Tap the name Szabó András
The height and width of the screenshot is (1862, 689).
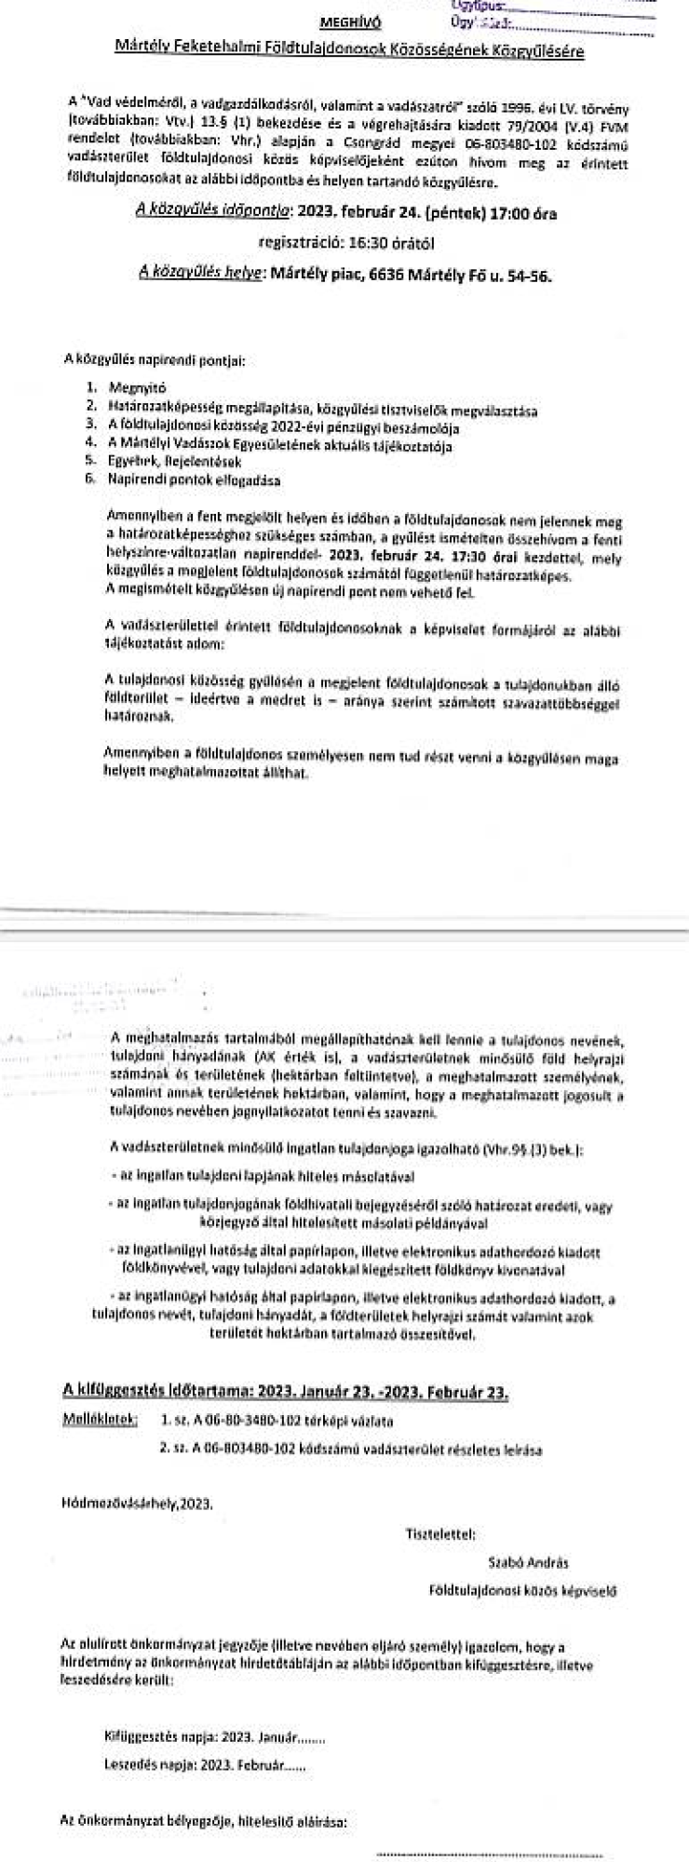[528, 1561]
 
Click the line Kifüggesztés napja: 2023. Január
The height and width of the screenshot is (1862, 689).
[215, 1737]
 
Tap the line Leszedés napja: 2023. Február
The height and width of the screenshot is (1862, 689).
[206, 1765]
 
